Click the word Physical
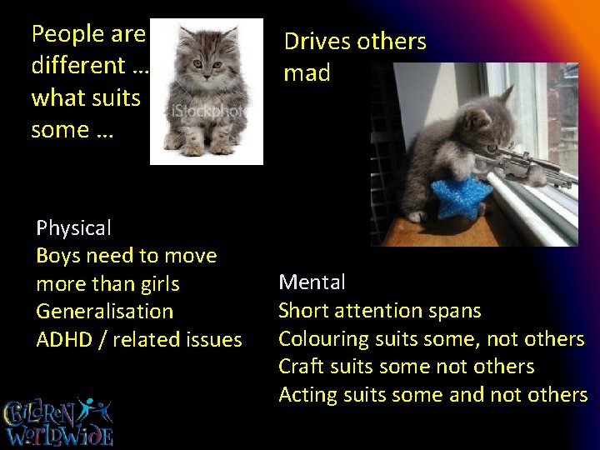(73, 228)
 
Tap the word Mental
(312, 282)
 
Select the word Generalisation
(105, 312)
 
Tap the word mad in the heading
(307, 73)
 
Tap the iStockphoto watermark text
(207, 111)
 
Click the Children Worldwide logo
(59, 422)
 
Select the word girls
(156, 284)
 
